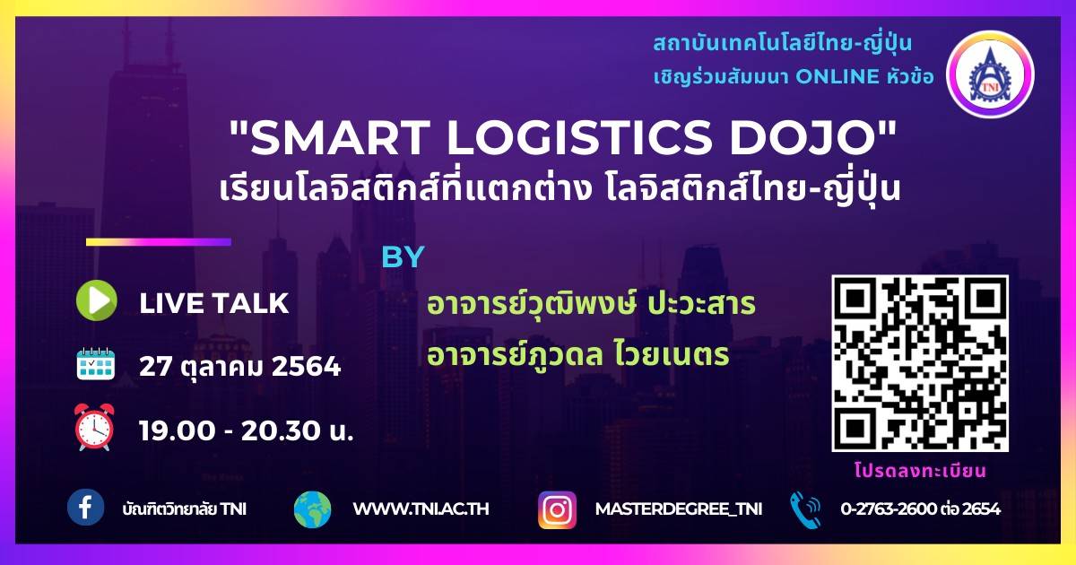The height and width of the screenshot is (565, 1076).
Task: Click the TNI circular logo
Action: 990,74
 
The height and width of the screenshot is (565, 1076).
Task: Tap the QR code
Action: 920,363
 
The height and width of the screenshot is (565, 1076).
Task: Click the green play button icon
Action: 97,300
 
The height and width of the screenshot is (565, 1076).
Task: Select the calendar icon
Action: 96,364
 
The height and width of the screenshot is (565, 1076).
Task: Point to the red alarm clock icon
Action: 94,427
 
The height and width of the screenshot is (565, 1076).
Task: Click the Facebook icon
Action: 85,508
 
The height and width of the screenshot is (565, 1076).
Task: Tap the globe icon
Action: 313,509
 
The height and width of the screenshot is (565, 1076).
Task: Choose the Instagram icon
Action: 557,509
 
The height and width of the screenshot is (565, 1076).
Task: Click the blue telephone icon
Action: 805,509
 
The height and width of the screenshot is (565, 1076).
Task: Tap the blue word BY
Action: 403,256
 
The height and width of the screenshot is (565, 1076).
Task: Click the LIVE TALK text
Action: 213,304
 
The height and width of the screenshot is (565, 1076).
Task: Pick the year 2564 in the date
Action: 307,367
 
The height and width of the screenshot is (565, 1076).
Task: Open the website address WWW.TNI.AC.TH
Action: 421,508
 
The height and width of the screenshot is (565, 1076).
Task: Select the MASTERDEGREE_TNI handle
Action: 679,509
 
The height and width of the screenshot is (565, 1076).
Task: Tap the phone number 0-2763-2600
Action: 889,508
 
